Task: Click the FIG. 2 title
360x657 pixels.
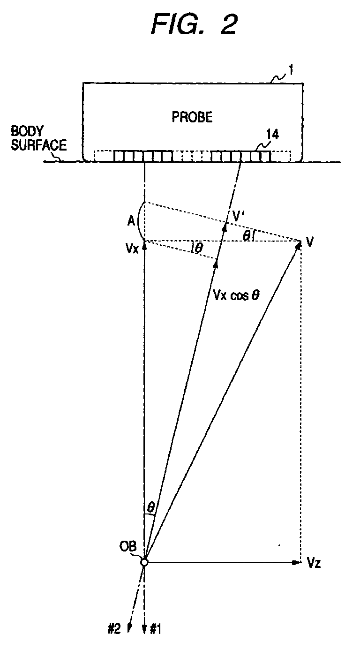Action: pos(194,25)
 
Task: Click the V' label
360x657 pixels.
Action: pos(238,216)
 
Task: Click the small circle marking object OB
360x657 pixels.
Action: pos(144,562)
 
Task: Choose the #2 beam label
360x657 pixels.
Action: pos(115,630)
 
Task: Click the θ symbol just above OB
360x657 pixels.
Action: pos(150,507)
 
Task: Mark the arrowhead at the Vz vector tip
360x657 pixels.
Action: pos(296,562)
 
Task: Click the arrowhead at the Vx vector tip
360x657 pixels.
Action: pos(144,243)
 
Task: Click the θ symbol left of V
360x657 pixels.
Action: pos(246,235)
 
